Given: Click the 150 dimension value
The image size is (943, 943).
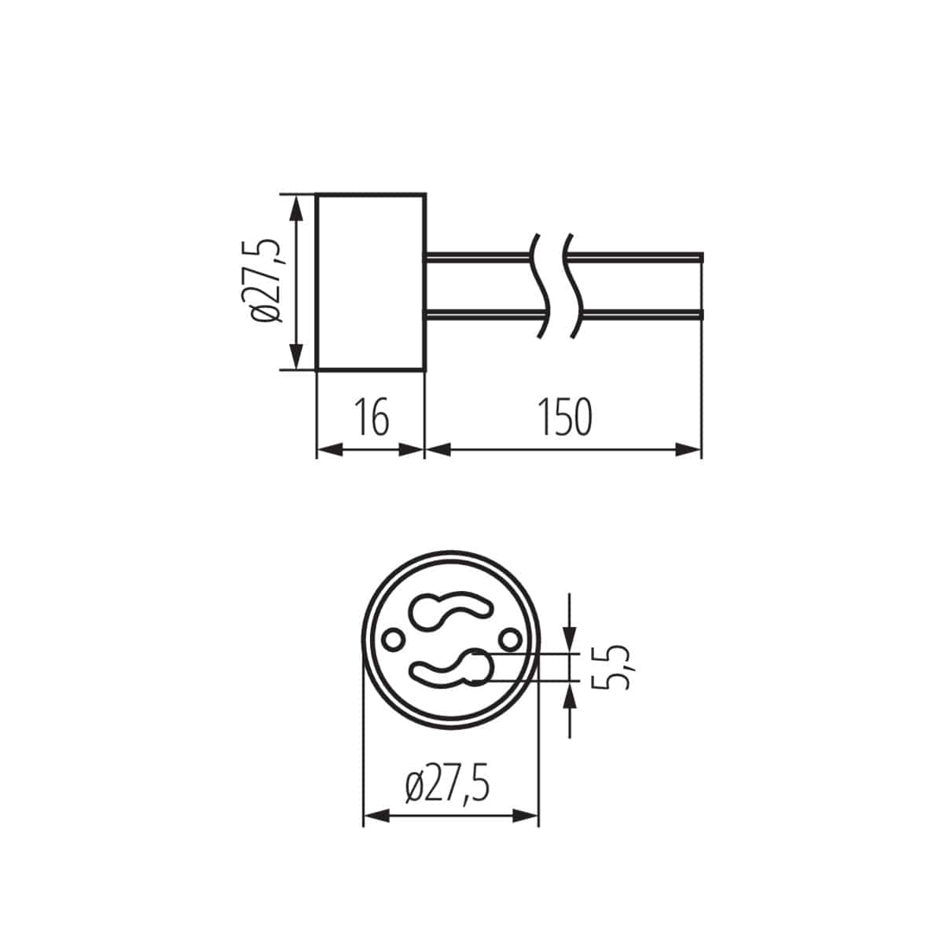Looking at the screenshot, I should click(x=564, y=417).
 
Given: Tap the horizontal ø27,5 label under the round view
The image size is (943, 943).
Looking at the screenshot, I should click(x=448, y=785).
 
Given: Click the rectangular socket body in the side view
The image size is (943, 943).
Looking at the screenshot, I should click(x=370, y=281).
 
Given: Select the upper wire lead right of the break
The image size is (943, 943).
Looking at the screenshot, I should click(x=637, y=256).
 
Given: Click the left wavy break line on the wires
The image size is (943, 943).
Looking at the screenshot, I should click(x=541, y=285).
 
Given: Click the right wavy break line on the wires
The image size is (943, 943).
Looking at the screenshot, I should click(x=574, y=285).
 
